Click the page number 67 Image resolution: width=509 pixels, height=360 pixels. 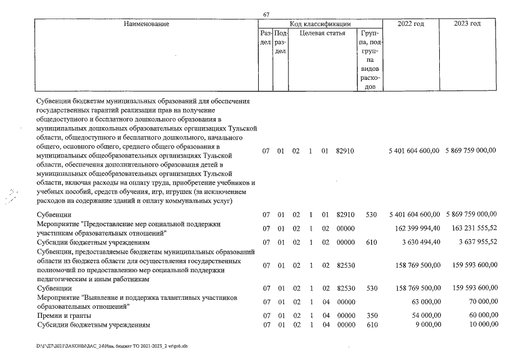coord(267,14)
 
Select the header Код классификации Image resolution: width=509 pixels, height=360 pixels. coord(320,24)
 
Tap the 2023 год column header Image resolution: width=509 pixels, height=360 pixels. coord(467,24)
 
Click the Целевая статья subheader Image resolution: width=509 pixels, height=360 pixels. coord(322,34)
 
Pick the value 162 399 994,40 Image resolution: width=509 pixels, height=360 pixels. coord(414,228)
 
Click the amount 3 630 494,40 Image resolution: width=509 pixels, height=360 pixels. coord(417,242)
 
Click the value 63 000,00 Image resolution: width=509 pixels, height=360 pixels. coord(425,301)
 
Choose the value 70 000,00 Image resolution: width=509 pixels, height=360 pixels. coord(483,301)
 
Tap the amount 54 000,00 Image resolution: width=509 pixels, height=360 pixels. coord(425,316)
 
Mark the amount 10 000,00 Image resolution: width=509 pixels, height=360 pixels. coord(483,325)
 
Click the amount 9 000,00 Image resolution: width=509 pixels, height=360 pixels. coord(427,325)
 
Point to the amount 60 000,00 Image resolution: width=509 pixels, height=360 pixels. coord(483,316)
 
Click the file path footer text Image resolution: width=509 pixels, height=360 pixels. coord(107,346)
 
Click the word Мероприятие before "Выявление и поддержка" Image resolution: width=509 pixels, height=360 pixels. coord(57,298)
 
